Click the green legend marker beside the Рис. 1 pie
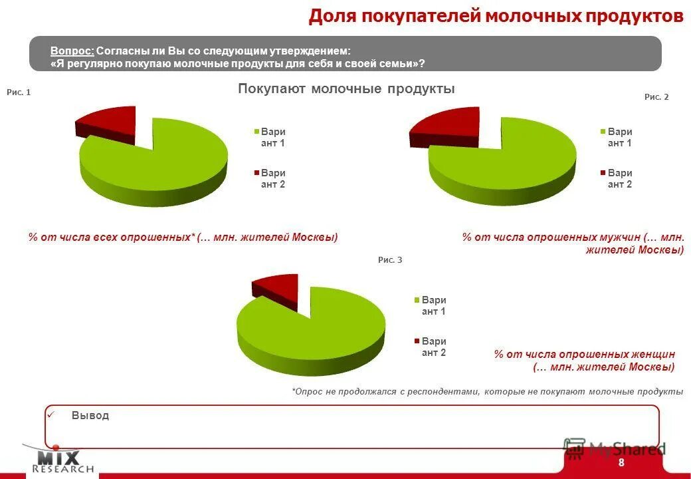click(x=255, y=132)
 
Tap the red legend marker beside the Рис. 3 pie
click(x=417, y=341)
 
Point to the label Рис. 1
click(x=19, y=92)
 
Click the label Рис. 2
click(x=656, y=96)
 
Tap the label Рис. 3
click(x=390, y=260)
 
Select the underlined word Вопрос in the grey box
click(x=72, y=51)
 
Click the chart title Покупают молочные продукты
click(x=346, y=89)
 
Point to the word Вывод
click(x=90, y=415)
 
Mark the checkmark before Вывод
click(x=50, y=414)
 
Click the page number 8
click(x=621, y=463)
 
